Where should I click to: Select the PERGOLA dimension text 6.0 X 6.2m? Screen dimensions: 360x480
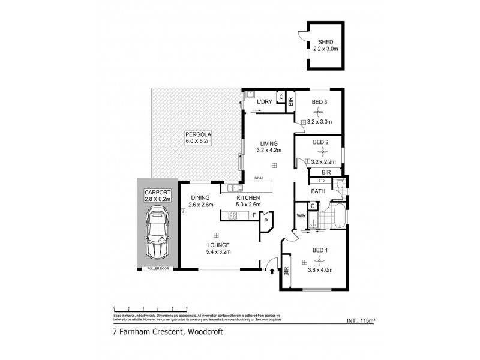[199, 141]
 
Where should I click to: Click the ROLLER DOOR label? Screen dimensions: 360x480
[159, 268]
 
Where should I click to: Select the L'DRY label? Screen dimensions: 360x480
[265, 102]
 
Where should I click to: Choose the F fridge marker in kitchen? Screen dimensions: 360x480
[254, 214]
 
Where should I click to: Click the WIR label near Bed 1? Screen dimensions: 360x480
[301, 215]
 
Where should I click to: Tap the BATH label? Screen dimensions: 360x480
[318, 191]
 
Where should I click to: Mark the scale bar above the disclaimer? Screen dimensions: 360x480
[144, 307]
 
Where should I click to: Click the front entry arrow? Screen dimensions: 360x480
[273, 271]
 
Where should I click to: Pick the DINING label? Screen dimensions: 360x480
[200, 197]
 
